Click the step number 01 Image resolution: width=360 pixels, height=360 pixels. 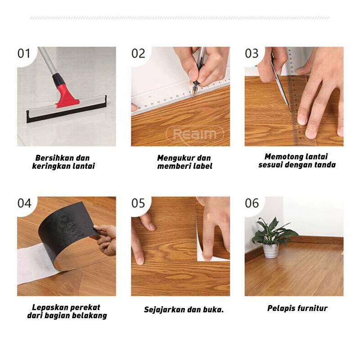coord(24,54)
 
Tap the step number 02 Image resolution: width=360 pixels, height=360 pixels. coord(138,54)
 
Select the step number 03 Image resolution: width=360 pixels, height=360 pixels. coord(252,54)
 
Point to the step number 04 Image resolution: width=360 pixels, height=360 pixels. coord(24,203)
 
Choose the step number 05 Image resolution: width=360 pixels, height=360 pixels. coord(138,203)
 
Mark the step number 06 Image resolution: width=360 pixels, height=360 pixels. coord(252,203)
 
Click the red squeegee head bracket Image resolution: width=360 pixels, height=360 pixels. coord(66,96)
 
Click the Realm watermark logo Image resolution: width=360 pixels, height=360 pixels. coord(195,134)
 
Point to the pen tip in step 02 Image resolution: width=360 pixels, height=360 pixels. coord(193,96)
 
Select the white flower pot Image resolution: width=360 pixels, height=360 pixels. coord(271,251)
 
